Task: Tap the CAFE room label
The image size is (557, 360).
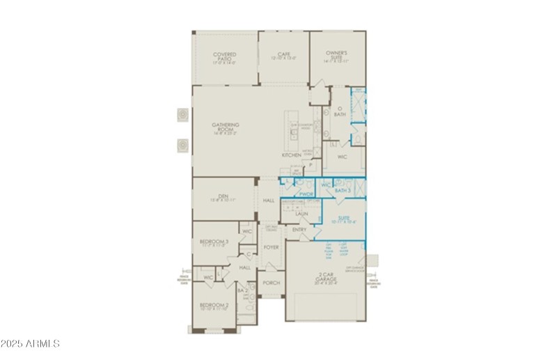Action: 283,55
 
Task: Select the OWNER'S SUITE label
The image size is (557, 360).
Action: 338,56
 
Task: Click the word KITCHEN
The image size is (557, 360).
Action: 291,155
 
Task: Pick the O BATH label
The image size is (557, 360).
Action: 340,111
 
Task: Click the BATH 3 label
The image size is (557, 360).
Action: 343,190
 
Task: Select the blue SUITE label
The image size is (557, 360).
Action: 343,219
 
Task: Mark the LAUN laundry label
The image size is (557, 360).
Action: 301,214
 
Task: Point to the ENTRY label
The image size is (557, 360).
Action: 299,230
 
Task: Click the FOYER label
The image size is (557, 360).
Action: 271,247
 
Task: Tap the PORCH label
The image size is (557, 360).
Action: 271,283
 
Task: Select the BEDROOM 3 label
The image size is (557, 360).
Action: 214,242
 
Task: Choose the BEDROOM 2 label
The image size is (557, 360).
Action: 214,306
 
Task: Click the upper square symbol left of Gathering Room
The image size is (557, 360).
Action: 182,114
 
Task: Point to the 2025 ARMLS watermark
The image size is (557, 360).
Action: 31,344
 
